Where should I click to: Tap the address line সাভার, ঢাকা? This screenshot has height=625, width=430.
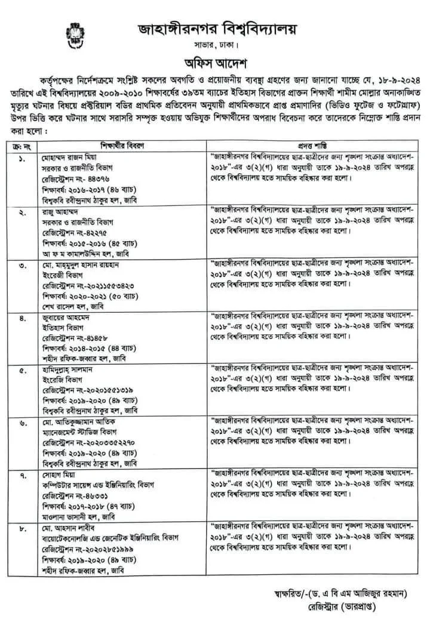[x=216, y=45]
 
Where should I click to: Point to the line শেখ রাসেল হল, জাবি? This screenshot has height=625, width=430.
[x=69, y=303]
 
